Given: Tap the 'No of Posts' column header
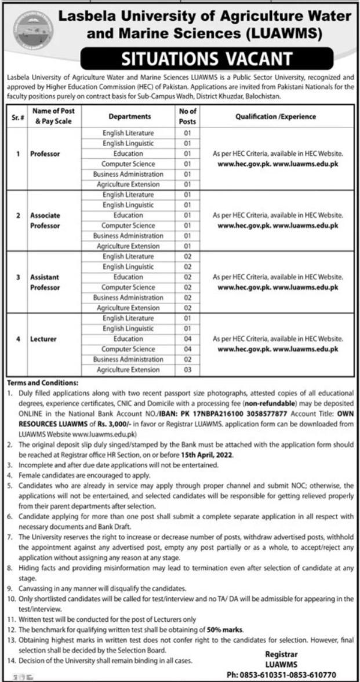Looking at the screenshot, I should (x=188, y=116).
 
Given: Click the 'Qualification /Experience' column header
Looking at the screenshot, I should (x=275, y=116).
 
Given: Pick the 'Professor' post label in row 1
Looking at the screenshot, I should (x=43, y=154).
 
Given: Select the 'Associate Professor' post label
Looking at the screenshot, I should (x=46, y=220).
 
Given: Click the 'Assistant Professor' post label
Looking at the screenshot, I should (x=45, y=281).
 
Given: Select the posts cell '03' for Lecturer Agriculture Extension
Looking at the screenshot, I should (x=188, y=370).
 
